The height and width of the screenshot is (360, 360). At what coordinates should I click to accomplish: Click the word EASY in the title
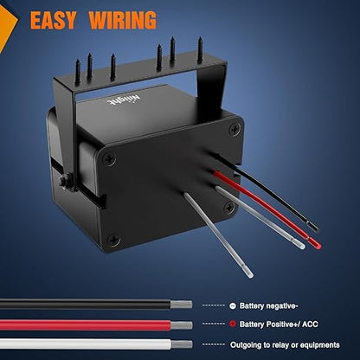point(53,20)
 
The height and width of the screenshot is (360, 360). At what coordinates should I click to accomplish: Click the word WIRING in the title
point(123,20)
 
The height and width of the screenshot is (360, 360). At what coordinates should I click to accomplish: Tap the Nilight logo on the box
point(124,100)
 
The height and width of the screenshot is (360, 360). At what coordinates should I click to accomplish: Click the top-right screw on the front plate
point(235,129)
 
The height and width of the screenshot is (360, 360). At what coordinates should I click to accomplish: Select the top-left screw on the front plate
point(110,158)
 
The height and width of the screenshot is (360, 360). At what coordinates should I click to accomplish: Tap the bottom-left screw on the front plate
point(113,240)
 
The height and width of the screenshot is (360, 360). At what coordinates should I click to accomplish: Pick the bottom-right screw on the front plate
point(229,207)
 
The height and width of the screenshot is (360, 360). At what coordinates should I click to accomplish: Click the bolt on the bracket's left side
point(65,182)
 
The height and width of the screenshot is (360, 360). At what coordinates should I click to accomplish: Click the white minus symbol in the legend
point(233,305)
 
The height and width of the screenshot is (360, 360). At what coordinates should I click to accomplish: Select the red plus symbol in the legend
point(233,324)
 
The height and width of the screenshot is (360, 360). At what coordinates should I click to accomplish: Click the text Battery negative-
point(268,306)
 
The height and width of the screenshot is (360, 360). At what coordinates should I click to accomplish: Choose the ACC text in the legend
point(310,325)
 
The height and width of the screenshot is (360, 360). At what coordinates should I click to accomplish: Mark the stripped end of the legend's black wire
point(181,305)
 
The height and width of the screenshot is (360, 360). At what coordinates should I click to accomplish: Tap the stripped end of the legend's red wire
point(182,325)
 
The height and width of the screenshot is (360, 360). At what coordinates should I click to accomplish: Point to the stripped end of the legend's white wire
point(182,344)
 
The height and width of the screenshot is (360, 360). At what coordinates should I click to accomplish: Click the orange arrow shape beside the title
point(7,28)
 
